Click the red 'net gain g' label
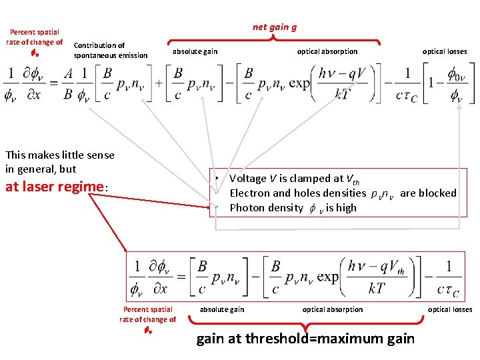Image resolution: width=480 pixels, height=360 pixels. coord(275,27)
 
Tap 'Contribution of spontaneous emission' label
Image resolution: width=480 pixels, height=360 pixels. coord(111,51)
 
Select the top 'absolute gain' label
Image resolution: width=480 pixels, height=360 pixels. coord(195,51)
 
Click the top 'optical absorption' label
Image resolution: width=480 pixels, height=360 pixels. coord(327,51)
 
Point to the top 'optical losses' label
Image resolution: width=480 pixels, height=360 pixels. coord(445,51)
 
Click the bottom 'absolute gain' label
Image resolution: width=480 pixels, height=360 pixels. coord(222,309)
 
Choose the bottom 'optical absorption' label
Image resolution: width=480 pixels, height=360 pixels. coord(333,309)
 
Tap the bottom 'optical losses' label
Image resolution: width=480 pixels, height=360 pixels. coord(450,309)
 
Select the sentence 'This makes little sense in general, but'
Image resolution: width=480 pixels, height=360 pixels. coord(59,162)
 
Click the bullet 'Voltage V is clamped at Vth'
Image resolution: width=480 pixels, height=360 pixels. coord(294,179)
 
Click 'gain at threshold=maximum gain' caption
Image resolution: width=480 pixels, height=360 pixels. coord(305,339)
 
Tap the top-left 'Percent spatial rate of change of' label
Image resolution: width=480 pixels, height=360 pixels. coord(34,37)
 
